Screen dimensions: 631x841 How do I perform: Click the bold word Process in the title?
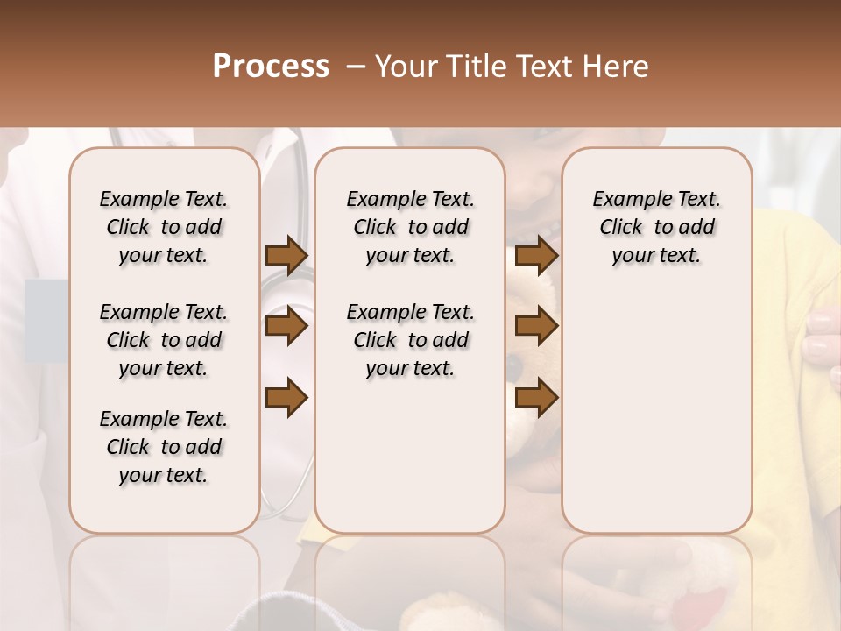tap(271, 67)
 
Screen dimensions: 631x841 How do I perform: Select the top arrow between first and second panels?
tap(286, 255)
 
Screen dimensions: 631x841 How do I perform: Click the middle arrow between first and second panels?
tap(286, 327)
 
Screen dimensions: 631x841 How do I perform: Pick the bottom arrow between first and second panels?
tap(286, 398)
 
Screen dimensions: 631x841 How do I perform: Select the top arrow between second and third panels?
tap(536, 255)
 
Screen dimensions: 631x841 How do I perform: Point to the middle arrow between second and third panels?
tap(536, 327)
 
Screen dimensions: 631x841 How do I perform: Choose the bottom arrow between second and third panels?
tap(536, 398)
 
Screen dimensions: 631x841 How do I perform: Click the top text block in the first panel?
tap(164, 227)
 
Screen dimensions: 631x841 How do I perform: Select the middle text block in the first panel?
tap(164, 340)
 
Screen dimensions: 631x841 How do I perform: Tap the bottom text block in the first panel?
tap(164, 447)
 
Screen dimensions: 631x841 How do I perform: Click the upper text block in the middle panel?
tap(410, 227)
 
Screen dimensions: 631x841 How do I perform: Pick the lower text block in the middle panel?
tap(410, 340)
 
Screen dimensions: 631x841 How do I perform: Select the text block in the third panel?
tap(656, 227)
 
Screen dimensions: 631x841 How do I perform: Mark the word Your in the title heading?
tap(407, 67)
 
